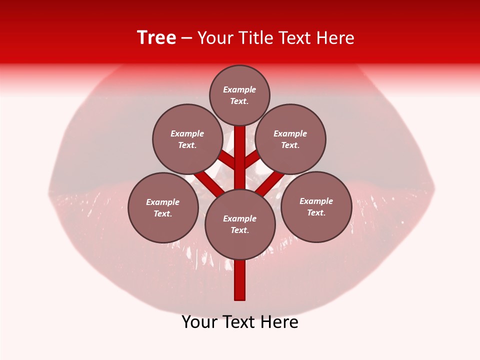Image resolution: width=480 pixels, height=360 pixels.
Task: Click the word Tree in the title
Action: pos(156,38)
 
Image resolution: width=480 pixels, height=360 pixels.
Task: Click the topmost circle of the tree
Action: pos(239,95)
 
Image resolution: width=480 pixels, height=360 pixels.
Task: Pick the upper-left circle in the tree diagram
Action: pos(187,139)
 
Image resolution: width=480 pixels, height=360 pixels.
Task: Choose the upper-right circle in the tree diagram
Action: pos(290,139)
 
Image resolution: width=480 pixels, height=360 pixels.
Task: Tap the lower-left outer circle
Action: pos(163,207)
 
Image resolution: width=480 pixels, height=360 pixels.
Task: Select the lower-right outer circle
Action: pos(316,206)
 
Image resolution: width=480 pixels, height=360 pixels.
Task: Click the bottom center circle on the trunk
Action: pos(240,224)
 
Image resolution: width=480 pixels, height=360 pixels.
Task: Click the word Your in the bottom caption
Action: pos(199,322)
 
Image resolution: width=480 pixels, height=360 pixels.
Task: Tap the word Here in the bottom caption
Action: pos(281,322)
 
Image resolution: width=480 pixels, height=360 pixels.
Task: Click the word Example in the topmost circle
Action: pos(239,90)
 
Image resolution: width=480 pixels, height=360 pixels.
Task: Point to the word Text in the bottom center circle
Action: pos(239,230)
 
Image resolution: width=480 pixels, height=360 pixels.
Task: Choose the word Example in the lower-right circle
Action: pos(316,201)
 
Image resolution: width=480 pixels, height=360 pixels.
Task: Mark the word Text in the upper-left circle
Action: pos(187,145)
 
